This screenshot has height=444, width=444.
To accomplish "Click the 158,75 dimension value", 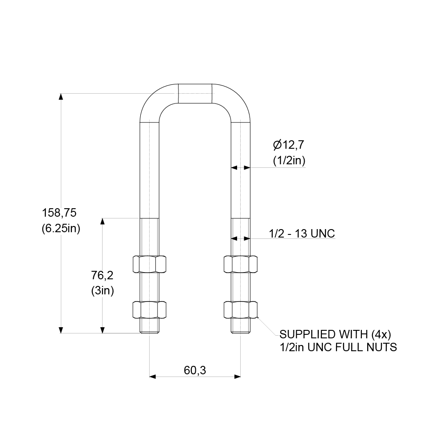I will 59,213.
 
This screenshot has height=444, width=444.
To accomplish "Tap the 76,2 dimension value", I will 103,275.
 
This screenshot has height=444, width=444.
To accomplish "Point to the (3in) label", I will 103,291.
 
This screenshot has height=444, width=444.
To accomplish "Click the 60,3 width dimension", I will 195,370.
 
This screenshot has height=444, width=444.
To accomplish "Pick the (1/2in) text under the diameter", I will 289,161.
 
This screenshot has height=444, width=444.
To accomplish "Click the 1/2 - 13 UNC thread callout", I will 301,233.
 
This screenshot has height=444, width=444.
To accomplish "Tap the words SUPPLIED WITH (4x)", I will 335,334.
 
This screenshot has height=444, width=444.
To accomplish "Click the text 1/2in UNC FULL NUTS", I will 338,347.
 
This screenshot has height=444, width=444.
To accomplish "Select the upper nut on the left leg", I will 150,264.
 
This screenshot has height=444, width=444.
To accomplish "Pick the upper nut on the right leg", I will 241,264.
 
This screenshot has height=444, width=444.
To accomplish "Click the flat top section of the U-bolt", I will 195,94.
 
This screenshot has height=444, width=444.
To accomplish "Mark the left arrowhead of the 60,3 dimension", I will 153,377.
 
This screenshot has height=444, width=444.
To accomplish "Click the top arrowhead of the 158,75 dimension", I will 60,96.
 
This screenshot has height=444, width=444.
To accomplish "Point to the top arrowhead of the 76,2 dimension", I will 103,221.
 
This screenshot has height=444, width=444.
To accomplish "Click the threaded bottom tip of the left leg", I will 150,329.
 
